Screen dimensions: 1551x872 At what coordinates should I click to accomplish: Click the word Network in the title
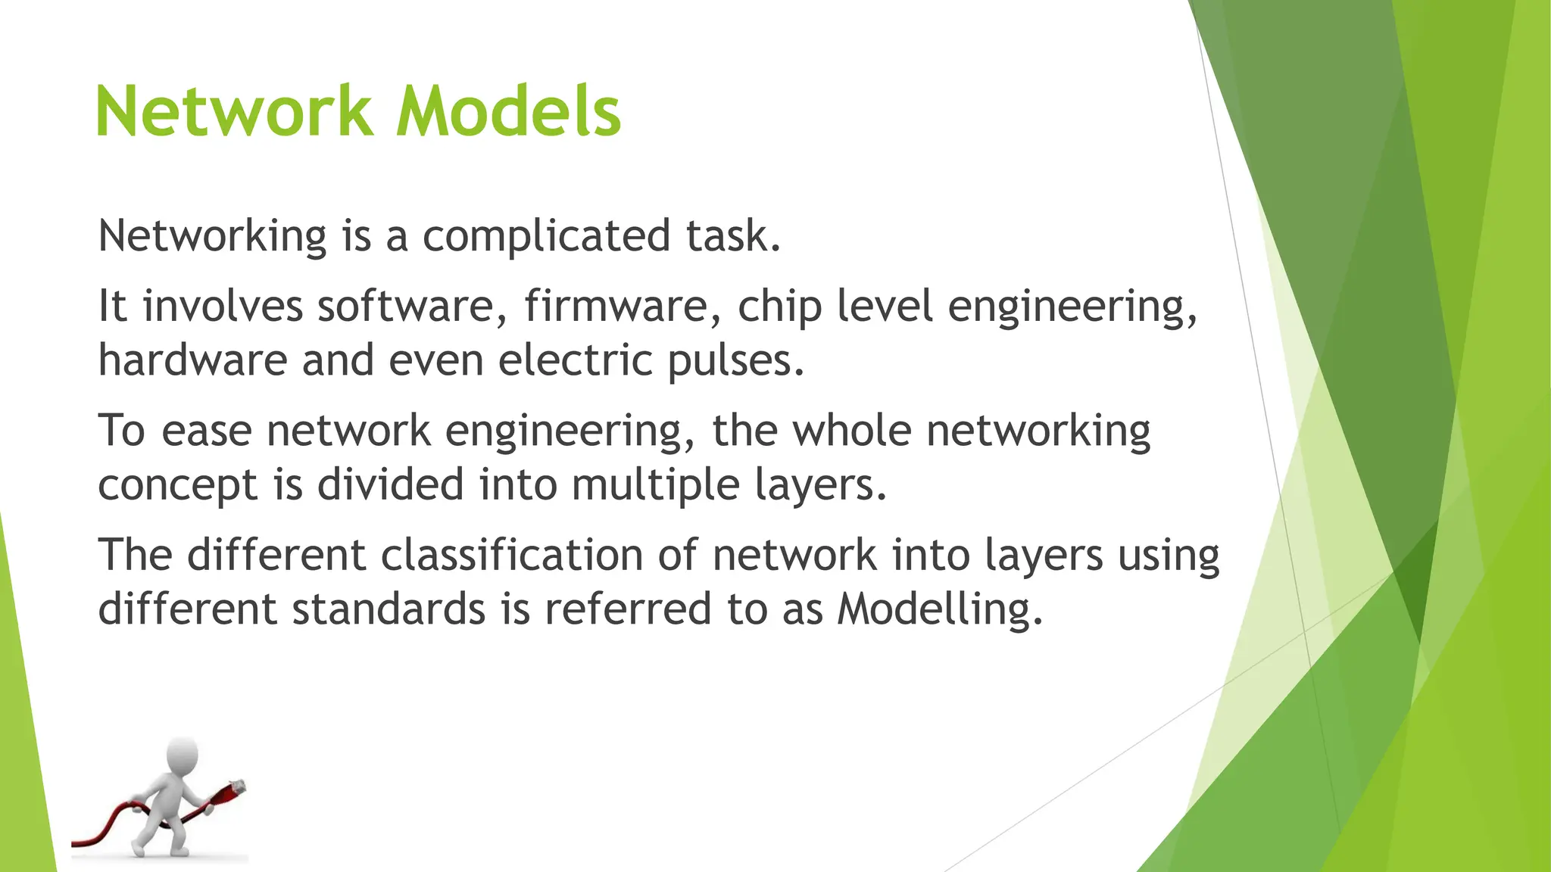(233, 112)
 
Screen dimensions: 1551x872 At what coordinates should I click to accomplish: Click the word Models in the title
(508, 112)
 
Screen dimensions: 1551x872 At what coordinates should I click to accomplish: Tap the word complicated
(546, 235)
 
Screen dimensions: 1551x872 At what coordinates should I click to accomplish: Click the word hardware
(192, 360)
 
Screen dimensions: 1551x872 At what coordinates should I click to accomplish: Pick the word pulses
(735, 361)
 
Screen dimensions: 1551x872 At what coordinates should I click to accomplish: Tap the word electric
(575, 360)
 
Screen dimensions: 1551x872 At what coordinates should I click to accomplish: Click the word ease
(206, 431)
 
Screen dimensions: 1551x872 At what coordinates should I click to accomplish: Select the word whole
(852, 430)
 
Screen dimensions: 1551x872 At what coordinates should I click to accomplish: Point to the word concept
(178, 485)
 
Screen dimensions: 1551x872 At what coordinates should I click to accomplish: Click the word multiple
(654, 485)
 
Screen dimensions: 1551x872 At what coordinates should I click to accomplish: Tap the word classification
(512, 554)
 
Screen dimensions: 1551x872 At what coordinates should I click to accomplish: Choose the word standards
(389, 609)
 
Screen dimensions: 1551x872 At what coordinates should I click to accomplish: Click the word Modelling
(939, 609)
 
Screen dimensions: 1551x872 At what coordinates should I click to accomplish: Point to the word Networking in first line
(212, 236)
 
